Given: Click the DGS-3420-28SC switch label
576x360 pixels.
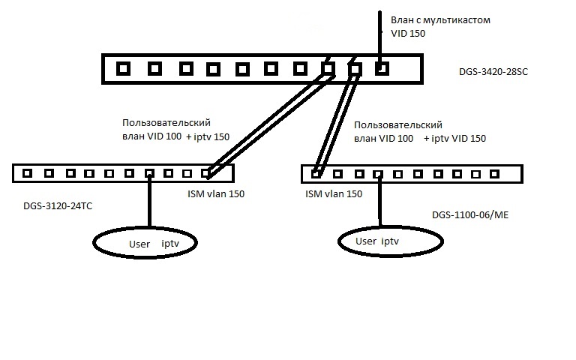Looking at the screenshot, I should tap(493, 73).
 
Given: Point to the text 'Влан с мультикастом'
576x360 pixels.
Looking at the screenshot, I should tap(440, 20).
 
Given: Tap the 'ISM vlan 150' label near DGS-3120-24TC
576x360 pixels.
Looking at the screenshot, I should tap(214, 194).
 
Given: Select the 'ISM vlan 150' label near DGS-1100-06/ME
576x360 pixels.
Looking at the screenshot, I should tap(334, 193).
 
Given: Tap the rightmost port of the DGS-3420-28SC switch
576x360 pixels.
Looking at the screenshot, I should tap(382, 69).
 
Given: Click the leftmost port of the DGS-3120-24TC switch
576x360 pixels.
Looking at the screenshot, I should tap(27, 173).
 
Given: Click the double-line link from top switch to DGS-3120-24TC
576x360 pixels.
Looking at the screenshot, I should tap(270, 120).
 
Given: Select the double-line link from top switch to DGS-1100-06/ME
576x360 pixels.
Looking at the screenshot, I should tap(336, 120).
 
